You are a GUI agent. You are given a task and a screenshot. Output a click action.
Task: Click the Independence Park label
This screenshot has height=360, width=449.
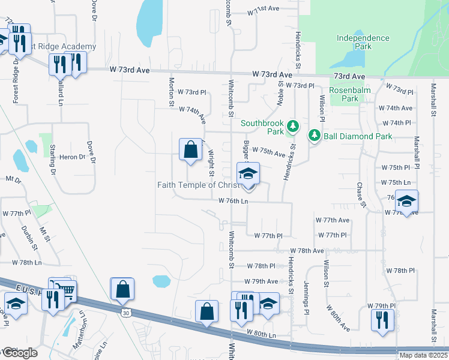coord(363,43)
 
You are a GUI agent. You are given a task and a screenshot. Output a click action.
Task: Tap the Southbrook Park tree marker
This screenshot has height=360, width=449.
coord(293,126)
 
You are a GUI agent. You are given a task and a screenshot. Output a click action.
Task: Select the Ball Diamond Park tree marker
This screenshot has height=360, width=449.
coord(313,136)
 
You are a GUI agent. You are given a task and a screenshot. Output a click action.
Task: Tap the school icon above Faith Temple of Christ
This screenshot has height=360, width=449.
coord(248,173)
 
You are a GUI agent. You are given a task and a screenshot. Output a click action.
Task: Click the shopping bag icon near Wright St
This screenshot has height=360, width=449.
coord(190,149)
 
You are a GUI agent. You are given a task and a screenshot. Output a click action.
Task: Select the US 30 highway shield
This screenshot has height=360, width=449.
coord(125,313)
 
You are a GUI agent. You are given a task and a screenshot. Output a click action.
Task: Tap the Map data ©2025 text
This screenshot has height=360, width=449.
coord(423,355)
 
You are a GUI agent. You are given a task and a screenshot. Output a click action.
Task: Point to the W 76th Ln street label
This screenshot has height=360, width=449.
coord(233,201)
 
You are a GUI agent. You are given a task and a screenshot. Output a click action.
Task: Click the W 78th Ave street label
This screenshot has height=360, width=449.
coord(307,250)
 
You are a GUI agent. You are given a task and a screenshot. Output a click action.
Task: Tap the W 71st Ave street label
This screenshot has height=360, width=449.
coord(264,9)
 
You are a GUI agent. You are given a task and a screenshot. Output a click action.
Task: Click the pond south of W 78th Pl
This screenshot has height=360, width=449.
coord(161,281)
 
